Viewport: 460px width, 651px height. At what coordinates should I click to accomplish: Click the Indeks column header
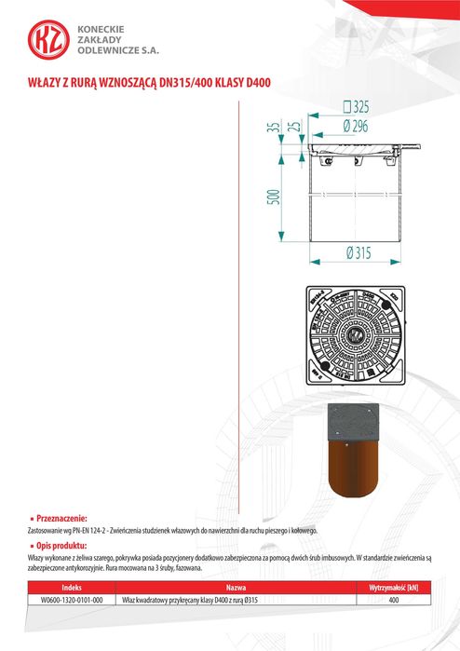point(72,589)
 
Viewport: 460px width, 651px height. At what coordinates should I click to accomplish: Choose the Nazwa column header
point(236,589)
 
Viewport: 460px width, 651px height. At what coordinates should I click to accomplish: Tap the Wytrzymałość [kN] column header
point(393,589)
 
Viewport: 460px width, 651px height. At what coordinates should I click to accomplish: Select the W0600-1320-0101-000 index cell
point(72,601)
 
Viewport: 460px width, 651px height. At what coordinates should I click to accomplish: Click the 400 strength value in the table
point(393,601)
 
